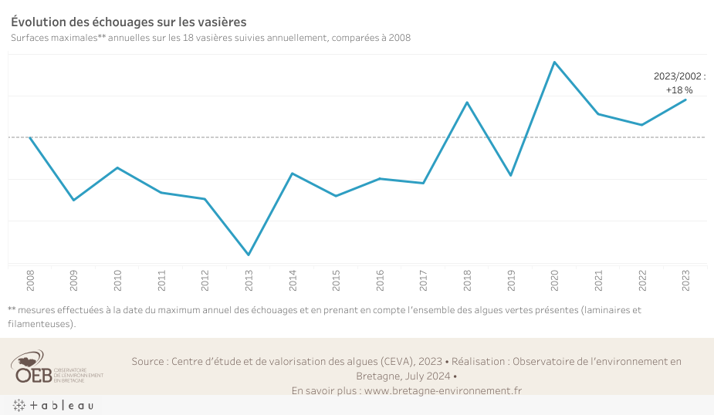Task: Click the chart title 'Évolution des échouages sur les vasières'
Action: coord(129,22)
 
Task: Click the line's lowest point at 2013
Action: coord(249,255)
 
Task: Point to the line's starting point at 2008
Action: coord(30,137)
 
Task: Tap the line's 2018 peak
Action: coord(467,102)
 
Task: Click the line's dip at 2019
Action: coord(510,175)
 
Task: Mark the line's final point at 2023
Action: coord(685,100)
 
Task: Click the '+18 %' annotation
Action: coord(679,90)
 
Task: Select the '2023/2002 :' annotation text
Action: coord(679,76)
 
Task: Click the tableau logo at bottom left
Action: coord(52,405)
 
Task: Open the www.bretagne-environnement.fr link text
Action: coord(442,390)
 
